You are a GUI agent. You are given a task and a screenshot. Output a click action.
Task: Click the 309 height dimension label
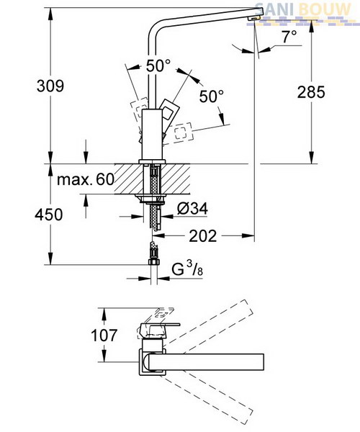[x=50, y=86]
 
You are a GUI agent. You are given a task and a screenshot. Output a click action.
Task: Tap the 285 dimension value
[x=311, y=92]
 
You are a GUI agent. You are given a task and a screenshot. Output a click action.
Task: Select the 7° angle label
[x=289, y=37]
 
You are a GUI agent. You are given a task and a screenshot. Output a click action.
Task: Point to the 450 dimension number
[x=49, y=215]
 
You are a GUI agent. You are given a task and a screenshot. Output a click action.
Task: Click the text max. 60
[x=86, y=179]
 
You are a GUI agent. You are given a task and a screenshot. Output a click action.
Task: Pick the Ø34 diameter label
[x=192, y=209]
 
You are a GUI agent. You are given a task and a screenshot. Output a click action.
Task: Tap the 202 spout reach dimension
[x=203, y=236]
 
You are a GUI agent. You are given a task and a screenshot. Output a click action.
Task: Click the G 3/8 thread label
[x=187, y=269]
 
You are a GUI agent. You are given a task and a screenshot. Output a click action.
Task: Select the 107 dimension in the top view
[x=104, y=335]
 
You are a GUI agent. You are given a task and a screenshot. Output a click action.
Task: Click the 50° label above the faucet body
[x=158, y=66]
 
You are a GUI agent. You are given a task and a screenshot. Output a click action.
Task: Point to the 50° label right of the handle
[x=212, y=96]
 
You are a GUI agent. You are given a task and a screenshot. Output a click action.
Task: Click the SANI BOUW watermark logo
[x=303, y=10]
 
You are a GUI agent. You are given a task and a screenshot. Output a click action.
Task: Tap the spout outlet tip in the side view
[x=254, y=18]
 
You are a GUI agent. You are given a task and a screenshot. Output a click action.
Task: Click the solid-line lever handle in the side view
[x=169, y=109]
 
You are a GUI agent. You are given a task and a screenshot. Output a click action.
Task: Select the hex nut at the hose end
[x=154, y=261]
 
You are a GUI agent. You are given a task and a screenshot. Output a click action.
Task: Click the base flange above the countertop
[x=152, y=161]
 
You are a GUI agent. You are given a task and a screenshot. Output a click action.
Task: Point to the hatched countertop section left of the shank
[x=129, y=179]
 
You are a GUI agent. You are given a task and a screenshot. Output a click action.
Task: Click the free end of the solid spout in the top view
[x=264, y=362]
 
